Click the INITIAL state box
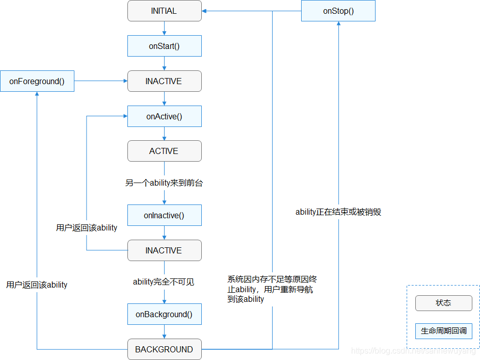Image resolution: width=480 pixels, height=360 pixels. pos(164,11)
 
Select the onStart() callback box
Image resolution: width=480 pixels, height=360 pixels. pos(164,46)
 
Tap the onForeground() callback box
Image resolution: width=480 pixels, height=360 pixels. pos(37,81)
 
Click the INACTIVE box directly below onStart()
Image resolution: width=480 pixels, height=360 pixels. pos(164,81)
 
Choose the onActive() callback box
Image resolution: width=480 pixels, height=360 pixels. pos(164,116)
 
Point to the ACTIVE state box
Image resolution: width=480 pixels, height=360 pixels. pos(164,151)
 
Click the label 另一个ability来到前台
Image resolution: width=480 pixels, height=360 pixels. pos(164,183)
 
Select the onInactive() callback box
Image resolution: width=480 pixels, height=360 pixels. pos(164,215)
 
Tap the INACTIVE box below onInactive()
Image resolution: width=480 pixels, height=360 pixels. pos(164,250)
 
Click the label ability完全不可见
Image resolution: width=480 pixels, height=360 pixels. pos(164,282)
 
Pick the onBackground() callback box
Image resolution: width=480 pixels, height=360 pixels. pos(164,314)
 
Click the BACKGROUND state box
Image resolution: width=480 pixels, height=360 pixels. pos(164,349)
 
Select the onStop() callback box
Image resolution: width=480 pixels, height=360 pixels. pos(338,11)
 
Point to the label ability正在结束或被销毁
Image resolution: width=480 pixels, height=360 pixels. pos(338,212)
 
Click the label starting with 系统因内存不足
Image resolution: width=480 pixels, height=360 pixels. pos(272,289)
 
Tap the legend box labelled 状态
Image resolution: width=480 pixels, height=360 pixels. pos(443,303)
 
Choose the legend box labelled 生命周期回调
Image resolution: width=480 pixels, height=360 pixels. pos(443,331)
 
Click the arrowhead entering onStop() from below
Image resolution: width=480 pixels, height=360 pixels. pos(338,24)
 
